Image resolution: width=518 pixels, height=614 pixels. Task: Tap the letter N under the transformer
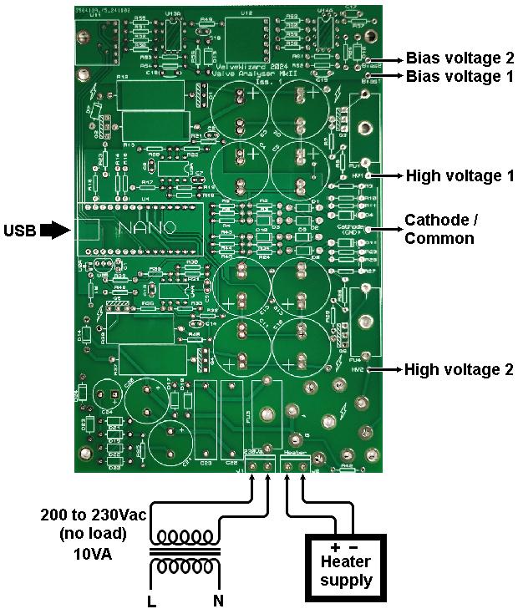[x=218, y=601]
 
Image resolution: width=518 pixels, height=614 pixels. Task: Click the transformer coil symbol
[x=185, y=551]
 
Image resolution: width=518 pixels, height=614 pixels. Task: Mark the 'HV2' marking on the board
[x=358, y=368]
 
